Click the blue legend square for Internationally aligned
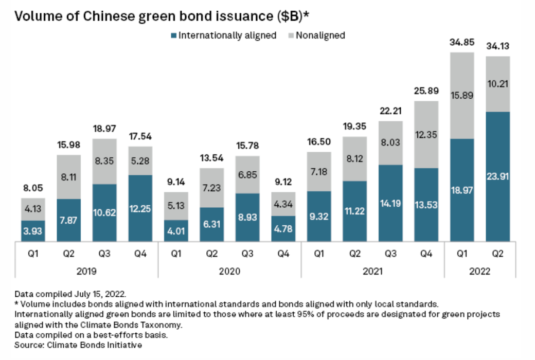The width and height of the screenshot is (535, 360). [173, 36]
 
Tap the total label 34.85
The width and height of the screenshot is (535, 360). [461, 43]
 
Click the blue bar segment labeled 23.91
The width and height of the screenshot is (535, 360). [497, 176]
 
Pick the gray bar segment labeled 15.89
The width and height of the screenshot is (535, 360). [461, 96]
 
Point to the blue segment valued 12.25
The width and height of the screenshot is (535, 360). [140, 208]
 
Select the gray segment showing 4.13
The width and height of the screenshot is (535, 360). [33, 209]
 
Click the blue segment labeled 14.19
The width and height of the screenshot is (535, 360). [390, 203]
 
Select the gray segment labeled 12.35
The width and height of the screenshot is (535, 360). [426, 135]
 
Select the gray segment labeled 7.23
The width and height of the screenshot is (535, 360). [212, 188]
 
